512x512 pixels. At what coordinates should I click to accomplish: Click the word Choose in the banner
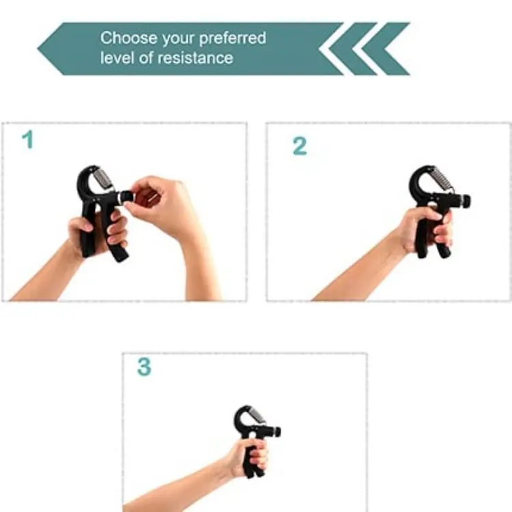(x=124, y=38)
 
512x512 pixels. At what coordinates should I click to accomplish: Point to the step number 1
(x=27, y=141)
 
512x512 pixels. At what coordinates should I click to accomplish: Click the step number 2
(x=299, y=146)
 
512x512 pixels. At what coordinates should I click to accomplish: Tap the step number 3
(x=143, y=367)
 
